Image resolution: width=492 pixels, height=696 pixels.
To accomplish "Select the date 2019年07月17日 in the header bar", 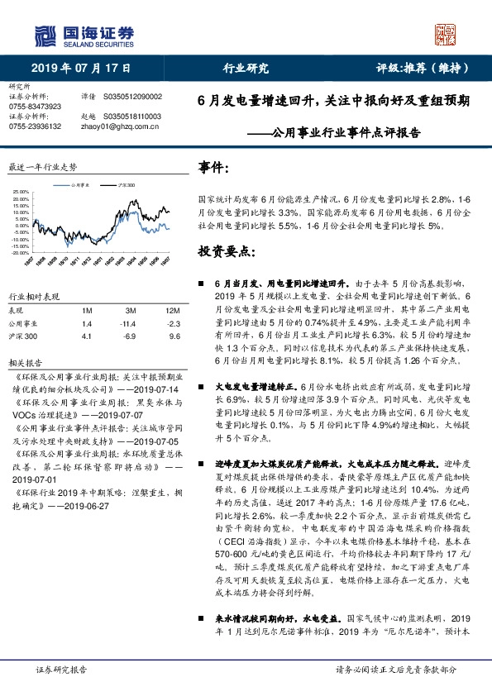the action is (81, 69).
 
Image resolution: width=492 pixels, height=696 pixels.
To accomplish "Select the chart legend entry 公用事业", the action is (79, 186).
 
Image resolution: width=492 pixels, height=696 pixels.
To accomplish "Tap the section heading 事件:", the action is (214, 169).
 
